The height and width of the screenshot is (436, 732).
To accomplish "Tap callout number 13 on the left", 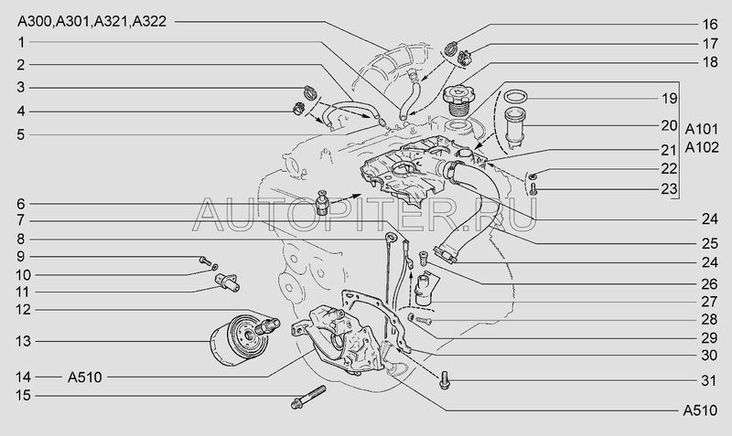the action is (23, 341).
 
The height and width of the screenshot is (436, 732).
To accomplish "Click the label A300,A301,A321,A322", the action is (91, 21).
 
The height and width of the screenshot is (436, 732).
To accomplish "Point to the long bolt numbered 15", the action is (308, 397).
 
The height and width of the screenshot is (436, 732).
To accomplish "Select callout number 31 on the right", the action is (708, 380).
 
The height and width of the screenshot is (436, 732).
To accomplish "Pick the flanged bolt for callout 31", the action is (444, 380).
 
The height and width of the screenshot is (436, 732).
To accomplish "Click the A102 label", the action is (702, 147).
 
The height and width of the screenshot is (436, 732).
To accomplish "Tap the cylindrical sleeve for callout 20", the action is (516, 127).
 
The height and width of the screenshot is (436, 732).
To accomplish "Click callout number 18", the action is (710, 62).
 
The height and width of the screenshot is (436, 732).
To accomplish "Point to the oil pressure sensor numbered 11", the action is (227, 282).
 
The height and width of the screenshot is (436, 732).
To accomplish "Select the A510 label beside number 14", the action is (84, 377).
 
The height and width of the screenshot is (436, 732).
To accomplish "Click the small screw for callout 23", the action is (534, 189).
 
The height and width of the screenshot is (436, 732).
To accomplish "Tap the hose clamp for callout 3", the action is (310, 92).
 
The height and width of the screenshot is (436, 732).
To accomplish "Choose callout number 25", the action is (710, 243).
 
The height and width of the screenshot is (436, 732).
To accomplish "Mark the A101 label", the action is (702, 129).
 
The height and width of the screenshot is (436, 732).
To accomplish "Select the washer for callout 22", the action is (533, 175).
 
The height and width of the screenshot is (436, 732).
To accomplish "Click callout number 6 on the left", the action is (21, 204).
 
